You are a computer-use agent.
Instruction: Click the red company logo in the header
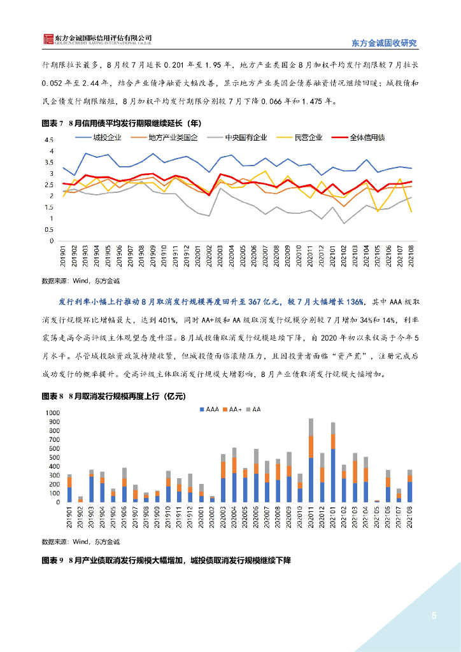(48, 39)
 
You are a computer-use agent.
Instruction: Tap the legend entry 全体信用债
(373, 137)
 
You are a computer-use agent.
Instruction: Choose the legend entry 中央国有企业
(246, 137)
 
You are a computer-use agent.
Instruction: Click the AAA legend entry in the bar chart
(209, 409)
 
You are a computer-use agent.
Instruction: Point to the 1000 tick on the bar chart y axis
(51, 413)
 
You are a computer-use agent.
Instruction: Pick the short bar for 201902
(80, 499)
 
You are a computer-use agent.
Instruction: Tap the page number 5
(434, 616)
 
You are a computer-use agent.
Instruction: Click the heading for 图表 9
(166, 561)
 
